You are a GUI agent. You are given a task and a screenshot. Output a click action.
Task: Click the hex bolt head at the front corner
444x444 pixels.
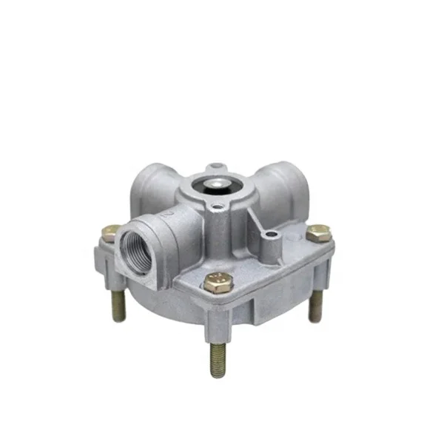tap(218, 281)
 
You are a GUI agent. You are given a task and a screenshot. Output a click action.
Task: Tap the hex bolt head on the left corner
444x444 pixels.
tap(108, 232)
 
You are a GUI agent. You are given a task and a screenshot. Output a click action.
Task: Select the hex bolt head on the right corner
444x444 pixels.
tap(318, 233)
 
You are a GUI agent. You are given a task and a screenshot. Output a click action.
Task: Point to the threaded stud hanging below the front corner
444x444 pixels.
tap(218, 355)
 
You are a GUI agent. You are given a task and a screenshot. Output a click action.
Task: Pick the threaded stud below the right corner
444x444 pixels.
tap(314, 304)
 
